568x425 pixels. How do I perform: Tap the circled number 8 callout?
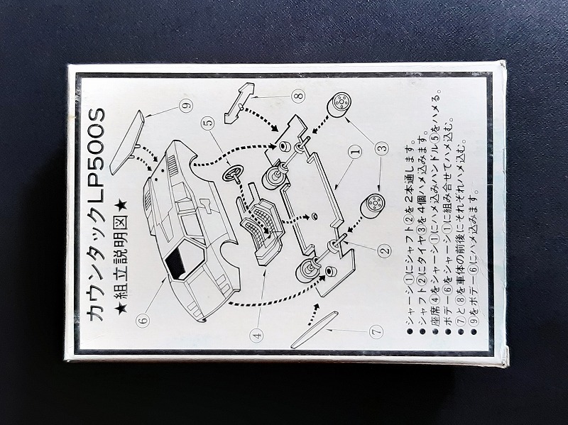coord(297,95)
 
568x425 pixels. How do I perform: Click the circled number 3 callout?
coord(383,148)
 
